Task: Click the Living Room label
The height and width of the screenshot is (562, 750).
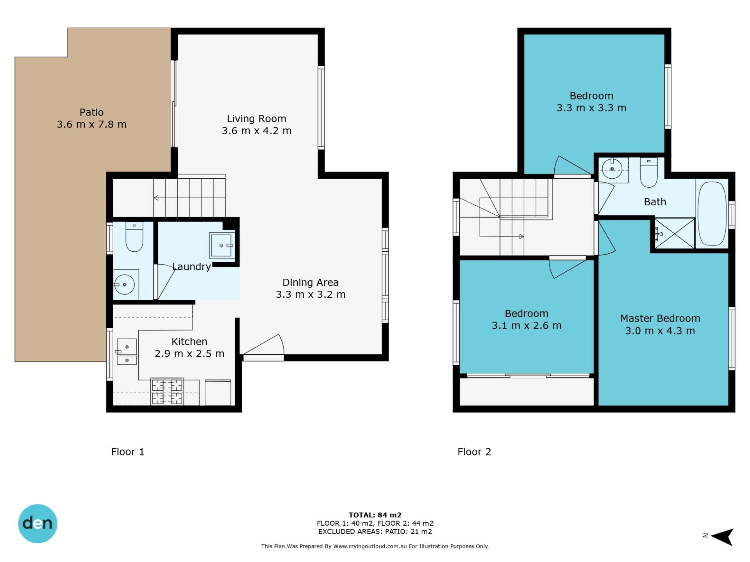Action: [257, 119]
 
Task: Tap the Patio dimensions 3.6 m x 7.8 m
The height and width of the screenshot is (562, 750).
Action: [92, 124]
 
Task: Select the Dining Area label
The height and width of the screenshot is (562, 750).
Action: [311, 283]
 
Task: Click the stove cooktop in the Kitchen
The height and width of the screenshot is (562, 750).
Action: [167, 391]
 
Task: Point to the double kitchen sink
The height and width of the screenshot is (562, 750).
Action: [127, 352]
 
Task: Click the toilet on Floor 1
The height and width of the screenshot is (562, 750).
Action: [134, 237]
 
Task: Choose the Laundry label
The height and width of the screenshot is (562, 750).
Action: [191, 267]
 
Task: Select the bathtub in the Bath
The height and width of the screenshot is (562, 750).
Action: [712, 213]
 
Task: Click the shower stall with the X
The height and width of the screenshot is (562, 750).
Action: [675, 233]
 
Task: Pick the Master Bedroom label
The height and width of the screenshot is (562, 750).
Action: [660, 318]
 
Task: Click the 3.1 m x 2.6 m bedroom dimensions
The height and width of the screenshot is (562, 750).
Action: [527, 326]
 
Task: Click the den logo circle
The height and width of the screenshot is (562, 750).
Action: [38, 524]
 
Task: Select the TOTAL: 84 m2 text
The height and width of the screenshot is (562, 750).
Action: [375, 515]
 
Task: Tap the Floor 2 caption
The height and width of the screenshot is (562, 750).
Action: [474, 452]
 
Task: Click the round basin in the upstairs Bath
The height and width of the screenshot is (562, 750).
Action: [612, 169]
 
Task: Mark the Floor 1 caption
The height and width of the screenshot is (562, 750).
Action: [128, 452]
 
